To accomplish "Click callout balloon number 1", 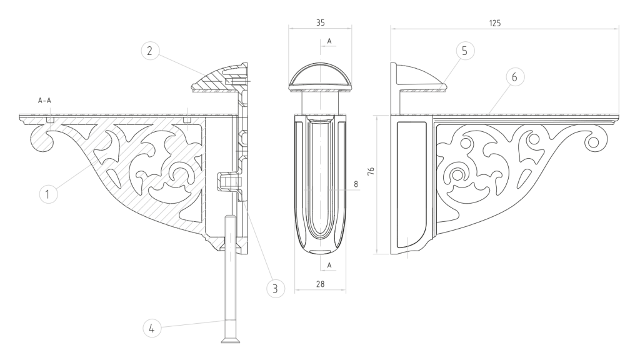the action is click(48, 194).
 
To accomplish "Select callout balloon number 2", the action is click(150, 51).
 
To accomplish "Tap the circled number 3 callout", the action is click(275, 289).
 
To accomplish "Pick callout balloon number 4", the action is click(152, 327).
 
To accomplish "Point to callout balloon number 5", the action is click(464, 51).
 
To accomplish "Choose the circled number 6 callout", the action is click(514, 77).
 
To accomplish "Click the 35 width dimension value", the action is click(321, 23).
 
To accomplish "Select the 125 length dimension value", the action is click(495, 23).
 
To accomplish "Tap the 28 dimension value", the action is click(321, 284).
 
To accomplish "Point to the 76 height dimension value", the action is click(371, 171).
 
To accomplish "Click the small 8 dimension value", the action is click(356, 184).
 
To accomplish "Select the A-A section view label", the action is click(44, 101).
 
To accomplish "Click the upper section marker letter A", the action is click(329, 41).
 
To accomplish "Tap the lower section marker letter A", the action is click(329, 265).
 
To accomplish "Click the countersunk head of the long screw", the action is click(231, 340).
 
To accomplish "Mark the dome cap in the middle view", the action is click(321, 77).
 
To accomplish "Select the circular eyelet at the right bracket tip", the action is click(594, 142).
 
